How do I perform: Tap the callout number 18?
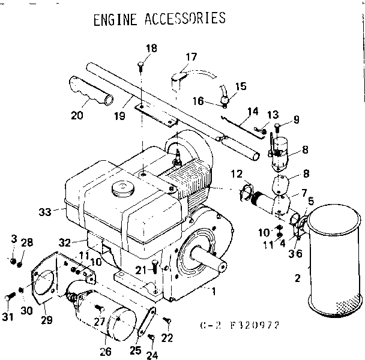click(151, 48)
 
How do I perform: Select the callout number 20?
click(76, 115)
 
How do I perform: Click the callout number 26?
click(106, 350)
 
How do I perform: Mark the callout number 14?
click(253, 111)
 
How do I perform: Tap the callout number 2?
click(295, 278)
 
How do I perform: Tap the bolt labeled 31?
click(11, 296)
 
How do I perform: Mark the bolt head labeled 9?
click(277, 127)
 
